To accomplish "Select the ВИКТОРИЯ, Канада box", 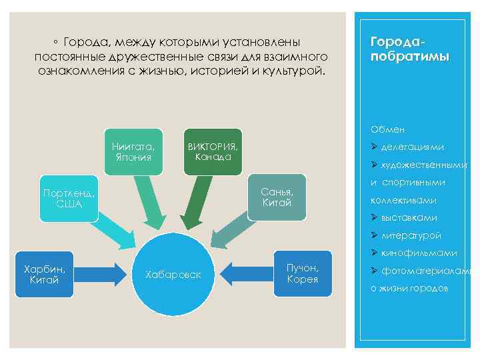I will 213,151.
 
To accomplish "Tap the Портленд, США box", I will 69,198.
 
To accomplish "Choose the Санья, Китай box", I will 277,197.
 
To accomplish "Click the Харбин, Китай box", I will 44,274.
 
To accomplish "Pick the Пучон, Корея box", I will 302,273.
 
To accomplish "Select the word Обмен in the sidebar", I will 387,129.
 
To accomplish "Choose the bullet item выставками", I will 409,217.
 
